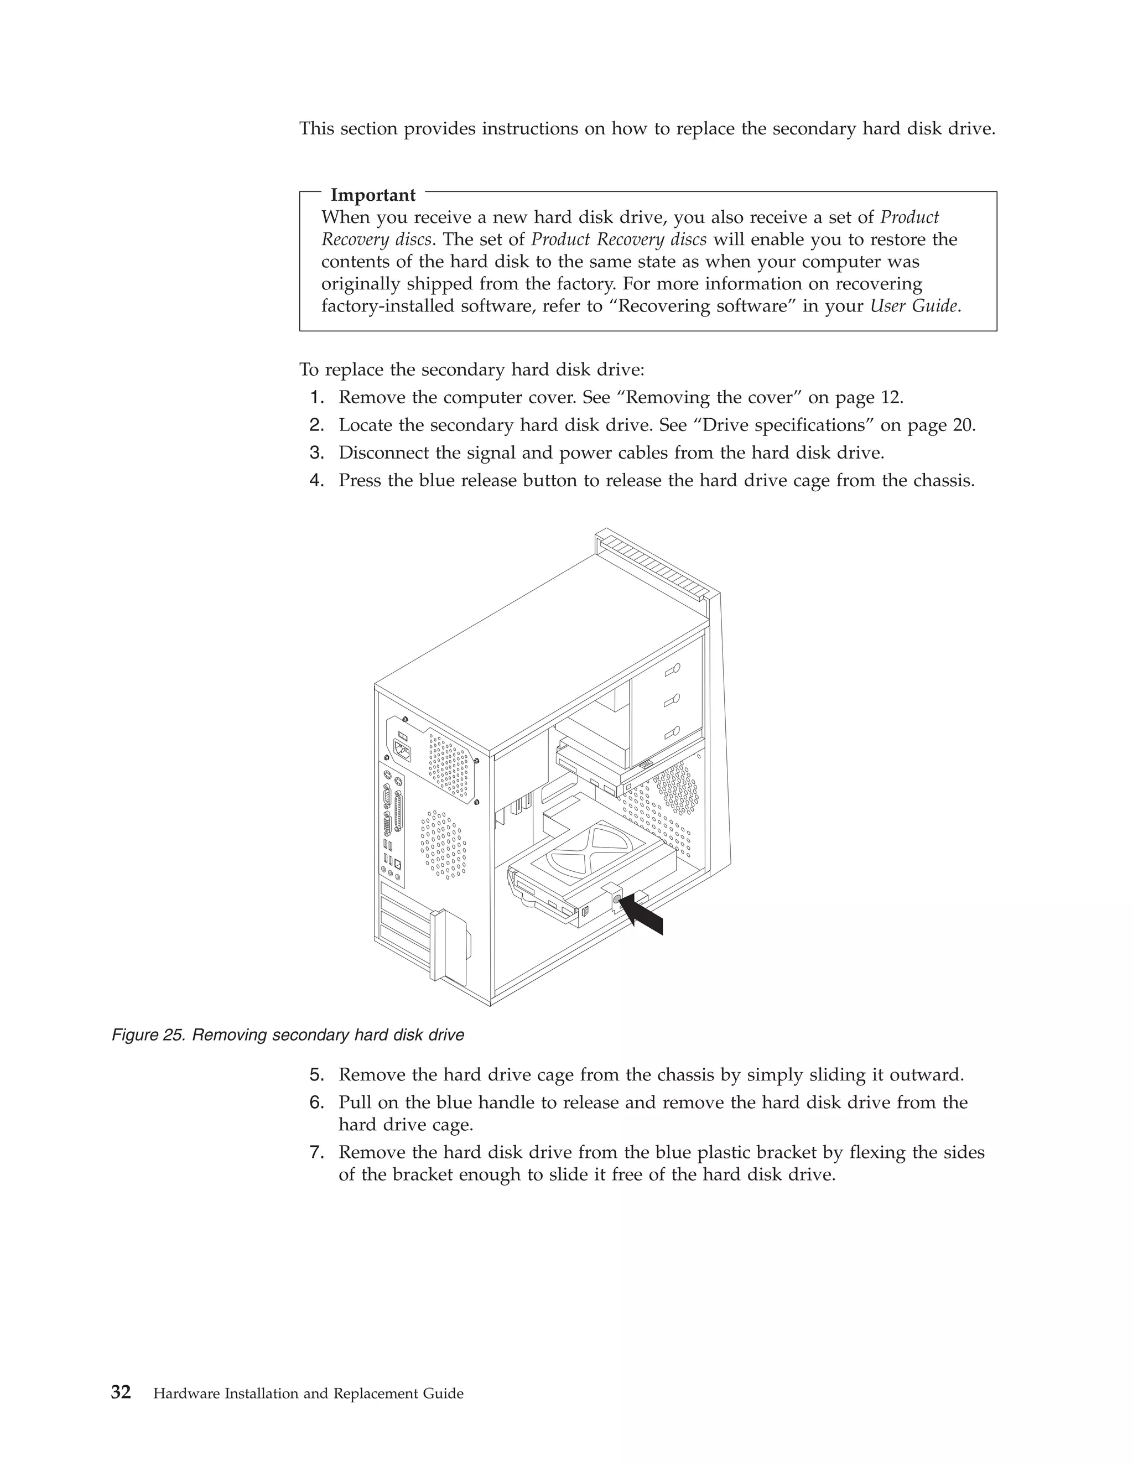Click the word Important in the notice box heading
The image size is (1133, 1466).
[373, 195]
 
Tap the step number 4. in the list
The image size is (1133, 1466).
[317, 481]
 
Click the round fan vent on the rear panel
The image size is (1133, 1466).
[444, 844]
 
